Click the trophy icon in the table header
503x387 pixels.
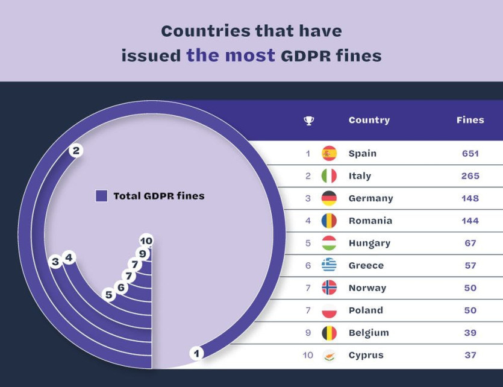point(309,121)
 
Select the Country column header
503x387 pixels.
point(369,120)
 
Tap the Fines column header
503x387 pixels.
point(470,120)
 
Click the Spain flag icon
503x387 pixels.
point(329,154)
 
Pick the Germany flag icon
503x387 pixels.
point(329,198)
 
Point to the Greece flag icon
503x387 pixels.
point(329,265)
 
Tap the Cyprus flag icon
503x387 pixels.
point(329,355)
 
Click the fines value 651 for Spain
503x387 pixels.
point(470,154)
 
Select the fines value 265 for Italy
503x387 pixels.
point(470,176)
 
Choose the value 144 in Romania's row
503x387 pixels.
point(470,221)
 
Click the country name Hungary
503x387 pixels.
point(369,243)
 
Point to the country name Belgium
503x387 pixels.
point(369,333)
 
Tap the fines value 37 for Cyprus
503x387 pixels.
point(470,355)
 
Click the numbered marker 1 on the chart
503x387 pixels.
point(196,353)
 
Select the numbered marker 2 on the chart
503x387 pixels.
point(76,151)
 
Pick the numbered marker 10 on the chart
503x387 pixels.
point(146,241)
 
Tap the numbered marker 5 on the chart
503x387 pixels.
point(109,295)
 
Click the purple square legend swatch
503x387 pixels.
point(102,196)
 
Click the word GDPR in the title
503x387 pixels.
point(300,56)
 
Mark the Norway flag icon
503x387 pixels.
point(329,288)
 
